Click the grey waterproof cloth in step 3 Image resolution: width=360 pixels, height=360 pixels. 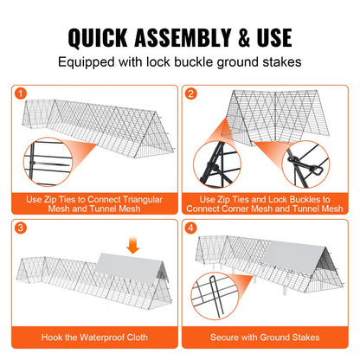(130, 278)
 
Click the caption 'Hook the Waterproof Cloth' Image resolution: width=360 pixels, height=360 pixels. (93, 337)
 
